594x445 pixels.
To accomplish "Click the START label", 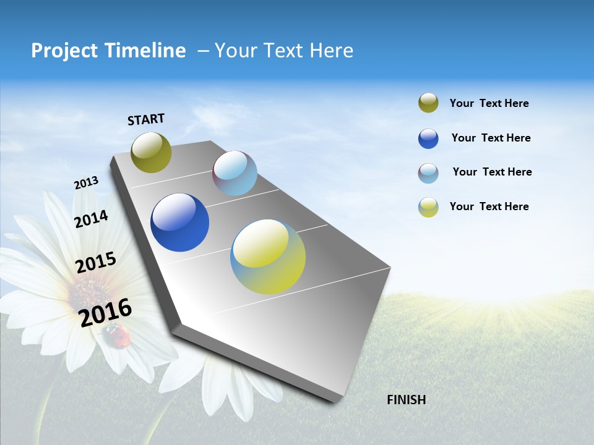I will pyautogui.click(x=146, y=119).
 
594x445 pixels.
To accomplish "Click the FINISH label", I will pyautogui.click(x=406, y=400).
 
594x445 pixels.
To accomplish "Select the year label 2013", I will pyautogui.click(x=86, y=183).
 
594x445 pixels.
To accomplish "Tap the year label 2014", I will pyautogui.click(x=91, y=219).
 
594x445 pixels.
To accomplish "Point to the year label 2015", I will pyautogui.click(x=96, y=262).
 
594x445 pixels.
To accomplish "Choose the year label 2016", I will pyautogui.click(x=105, y=312).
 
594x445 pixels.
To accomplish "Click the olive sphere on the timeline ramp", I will pyautogui.click(x=151, y=152).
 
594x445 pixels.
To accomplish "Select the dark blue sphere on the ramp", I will pyautogui.click(x=179, y=222).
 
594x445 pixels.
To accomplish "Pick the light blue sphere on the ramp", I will pyautogui.click(x=235, y=173).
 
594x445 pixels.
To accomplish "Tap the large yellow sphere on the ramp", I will pyautogui.click(x=268, y=256).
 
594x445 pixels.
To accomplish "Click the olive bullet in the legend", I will pyautogui.click(x=428, y=103).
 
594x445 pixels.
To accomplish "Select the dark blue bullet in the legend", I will pyautogui.click(x=428, y=138).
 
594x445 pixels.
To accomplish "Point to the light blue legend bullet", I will pyautogui.click(x=428, y=173).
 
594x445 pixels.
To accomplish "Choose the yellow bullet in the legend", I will pyautogui.click(x=428, y=207).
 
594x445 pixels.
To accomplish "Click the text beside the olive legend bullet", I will pyautogui.click(x=489, y=103).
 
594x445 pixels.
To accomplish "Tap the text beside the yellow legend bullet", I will pyautogui.click(x=489, y=206).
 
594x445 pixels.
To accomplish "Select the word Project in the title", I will pyautogui.click(x=64, y=51).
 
